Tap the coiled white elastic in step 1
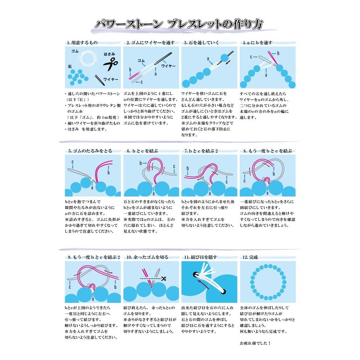(91, 59)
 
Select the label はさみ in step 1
(110, 54)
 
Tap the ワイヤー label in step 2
(169, 66)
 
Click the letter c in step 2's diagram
(141, 82)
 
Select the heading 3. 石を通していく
(201, 43)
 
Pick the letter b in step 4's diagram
(278, 53)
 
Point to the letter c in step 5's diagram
(72, 161)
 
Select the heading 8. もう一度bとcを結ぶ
(265, 152)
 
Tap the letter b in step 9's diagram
(116, 286)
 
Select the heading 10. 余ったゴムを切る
(147, 257)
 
